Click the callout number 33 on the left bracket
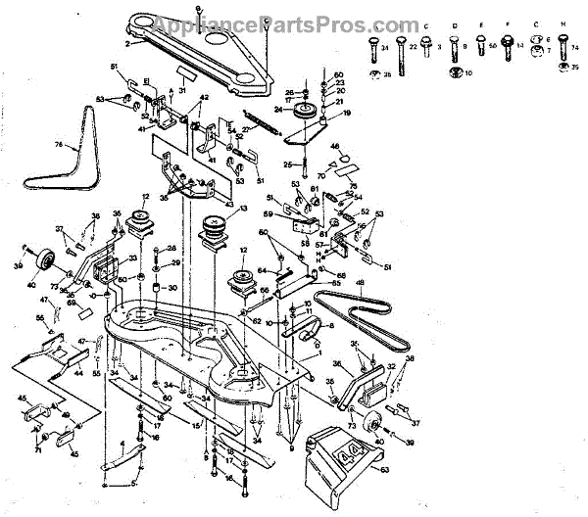[x=134, y=259]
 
